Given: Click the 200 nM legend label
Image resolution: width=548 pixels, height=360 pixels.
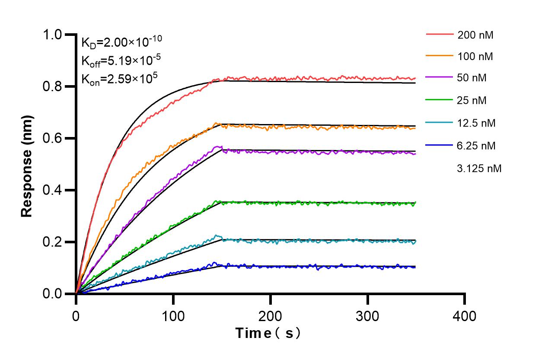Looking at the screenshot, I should (x=475, y=35).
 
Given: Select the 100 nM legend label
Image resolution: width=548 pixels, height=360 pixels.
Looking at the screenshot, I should (x=475, y=56).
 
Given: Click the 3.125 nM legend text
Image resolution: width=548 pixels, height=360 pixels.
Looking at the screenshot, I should (x=479, y=168).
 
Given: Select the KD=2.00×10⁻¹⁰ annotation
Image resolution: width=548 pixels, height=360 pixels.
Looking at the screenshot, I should (x=122, y=41).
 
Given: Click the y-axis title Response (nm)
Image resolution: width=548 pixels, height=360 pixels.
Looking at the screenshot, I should (x=27, y=166).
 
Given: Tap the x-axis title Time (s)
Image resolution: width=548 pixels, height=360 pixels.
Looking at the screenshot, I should (x=268, y=333).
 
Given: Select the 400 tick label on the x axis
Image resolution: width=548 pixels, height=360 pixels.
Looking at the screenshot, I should (x=465, y=316).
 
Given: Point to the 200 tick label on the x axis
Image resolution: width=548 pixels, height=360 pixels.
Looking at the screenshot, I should (x=270, y=316).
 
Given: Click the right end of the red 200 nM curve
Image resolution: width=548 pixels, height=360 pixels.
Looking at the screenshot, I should (x=415, y=78).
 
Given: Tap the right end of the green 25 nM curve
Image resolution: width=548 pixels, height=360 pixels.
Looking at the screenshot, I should (x=415, y=203).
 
